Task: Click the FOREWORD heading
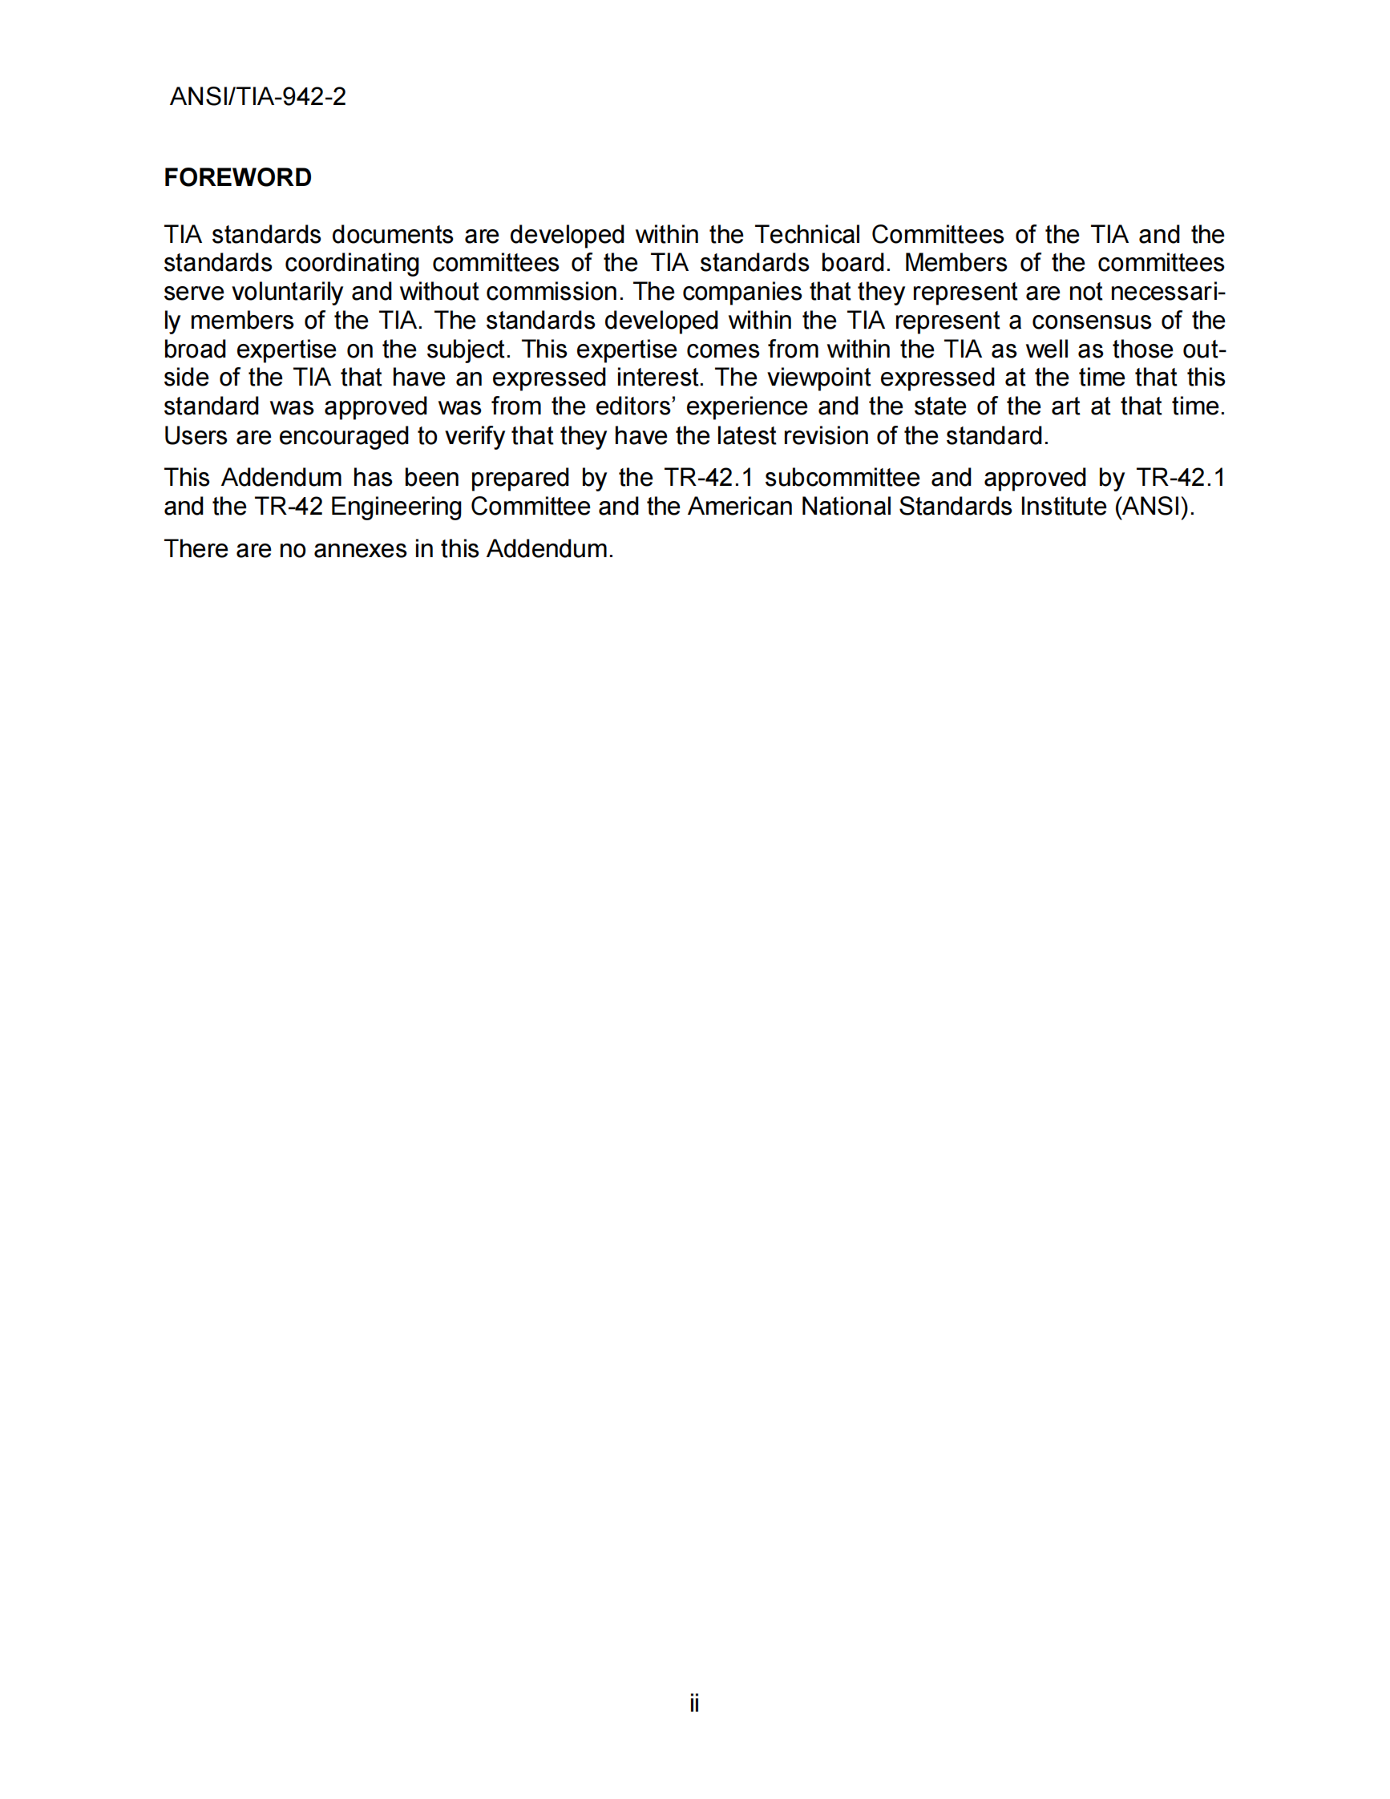[237, 178]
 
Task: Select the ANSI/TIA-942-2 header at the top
[258, 97]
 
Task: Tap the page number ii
[694, 1704]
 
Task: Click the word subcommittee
[842, 479]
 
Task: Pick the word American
[740, 507]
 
